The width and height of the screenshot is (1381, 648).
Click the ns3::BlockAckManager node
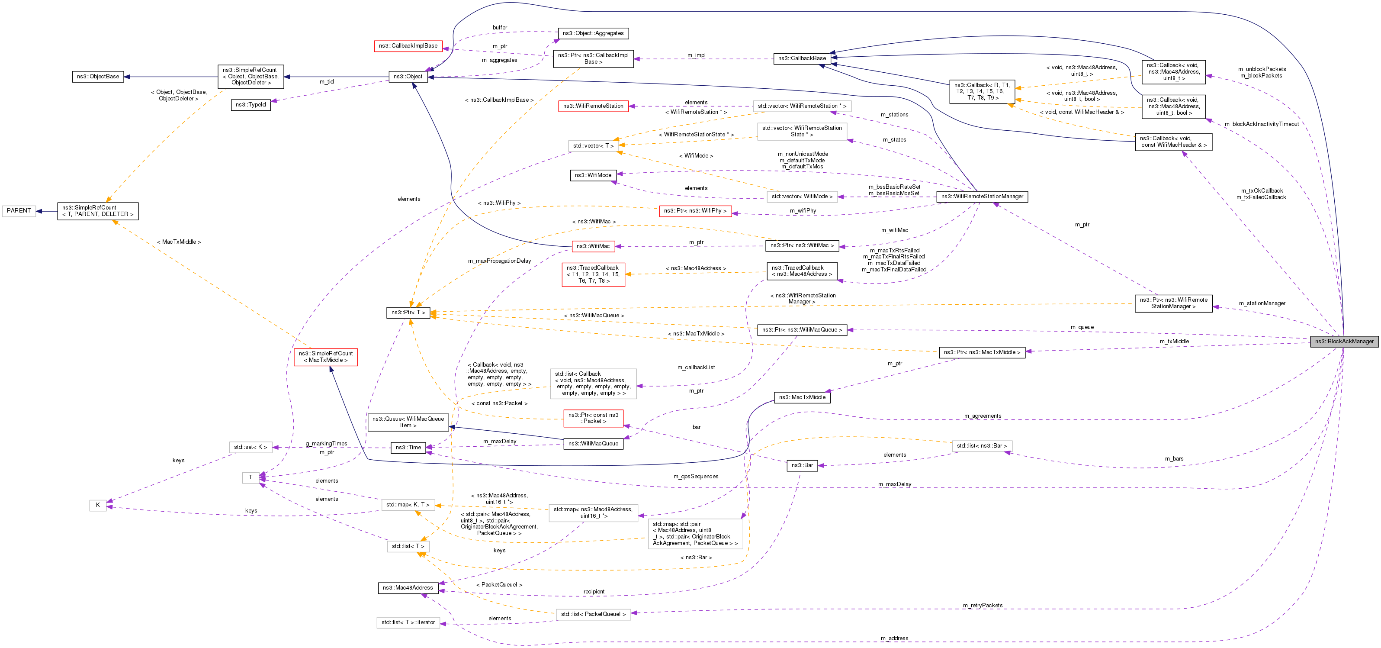1344,342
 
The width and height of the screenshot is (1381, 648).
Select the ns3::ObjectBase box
98,77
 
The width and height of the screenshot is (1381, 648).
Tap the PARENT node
19,211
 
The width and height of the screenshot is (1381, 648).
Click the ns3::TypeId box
251,105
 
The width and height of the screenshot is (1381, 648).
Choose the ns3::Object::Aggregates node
593,33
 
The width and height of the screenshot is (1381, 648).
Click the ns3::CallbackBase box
801,58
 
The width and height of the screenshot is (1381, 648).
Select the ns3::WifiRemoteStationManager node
982,197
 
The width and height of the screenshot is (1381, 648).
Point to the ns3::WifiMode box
593,175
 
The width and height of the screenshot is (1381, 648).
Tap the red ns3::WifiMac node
593,246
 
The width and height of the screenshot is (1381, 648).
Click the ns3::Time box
408,448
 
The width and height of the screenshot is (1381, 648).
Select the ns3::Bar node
802,466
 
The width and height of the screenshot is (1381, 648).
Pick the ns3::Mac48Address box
408,588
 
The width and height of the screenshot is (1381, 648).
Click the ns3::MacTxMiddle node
802,397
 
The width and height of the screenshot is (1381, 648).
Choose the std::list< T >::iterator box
408,623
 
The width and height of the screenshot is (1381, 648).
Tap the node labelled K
98,505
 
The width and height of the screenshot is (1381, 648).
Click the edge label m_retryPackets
982,606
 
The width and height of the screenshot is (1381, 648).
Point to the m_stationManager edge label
1262,303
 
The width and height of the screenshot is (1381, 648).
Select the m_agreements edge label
982,416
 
